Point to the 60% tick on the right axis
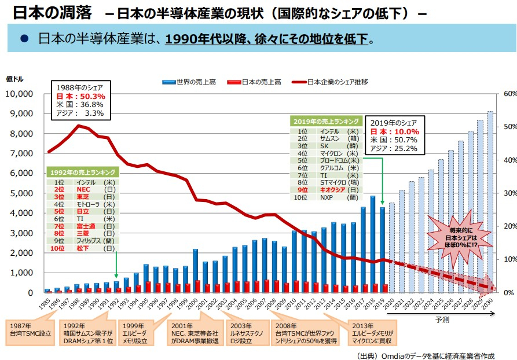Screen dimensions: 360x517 (509, 94)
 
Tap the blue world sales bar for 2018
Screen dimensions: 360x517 (372, 244)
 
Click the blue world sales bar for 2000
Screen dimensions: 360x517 (195, 270)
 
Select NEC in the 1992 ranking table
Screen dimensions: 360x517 (83, 189)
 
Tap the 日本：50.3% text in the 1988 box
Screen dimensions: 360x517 (80, 97)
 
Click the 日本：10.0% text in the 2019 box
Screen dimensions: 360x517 (394, 131)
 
